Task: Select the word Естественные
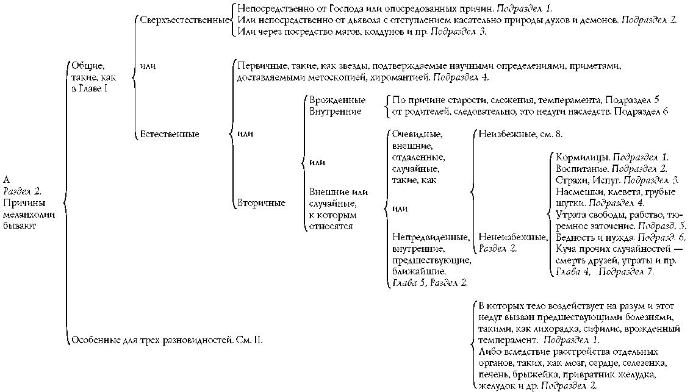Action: [x=169, y=134]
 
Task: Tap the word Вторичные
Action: [x=262, y=203]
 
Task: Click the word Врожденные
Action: [x=337, y=100]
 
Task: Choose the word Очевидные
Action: [x=417, y=134]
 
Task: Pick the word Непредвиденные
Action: [x=431, y=237]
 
